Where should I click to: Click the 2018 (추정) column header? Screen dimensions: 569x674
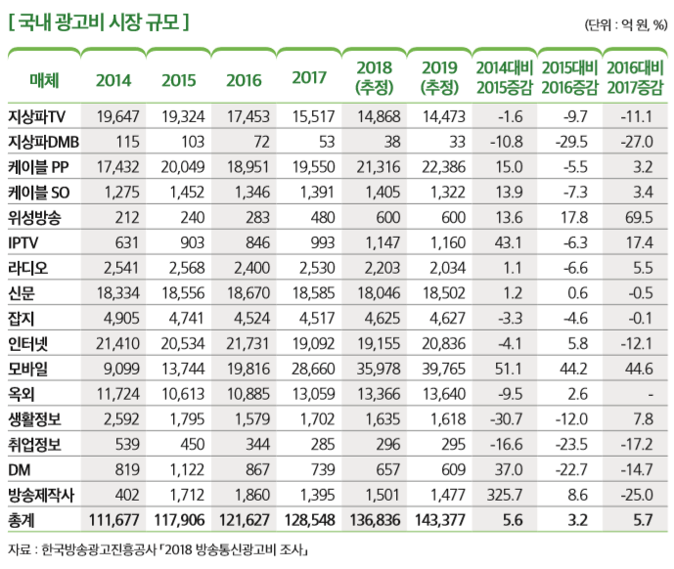(375, 78)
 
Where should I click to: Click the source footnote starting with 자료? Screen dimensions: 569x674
(157, 551)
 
